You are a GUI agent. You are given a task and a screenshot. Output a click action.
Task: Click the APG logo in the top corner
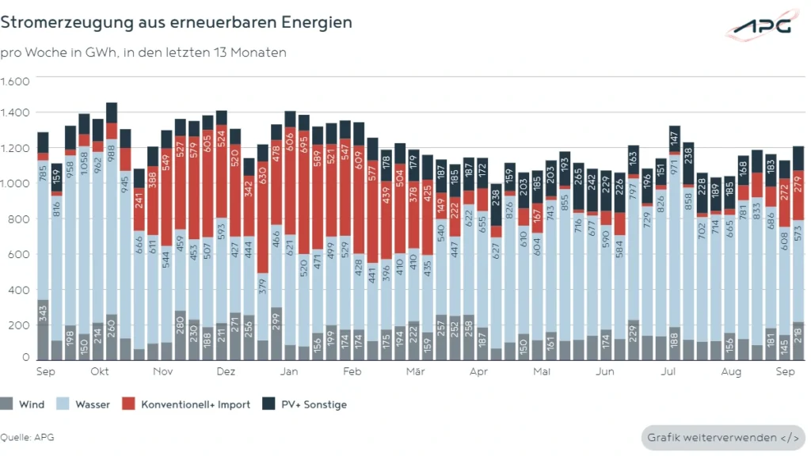tap(761, 26)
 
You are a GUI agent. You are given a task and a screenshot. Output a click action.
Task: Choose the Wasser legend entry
tap(86, 405)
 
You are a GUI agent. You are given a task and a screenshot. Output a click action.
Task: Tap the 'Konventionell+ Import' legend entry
tap(187, 405)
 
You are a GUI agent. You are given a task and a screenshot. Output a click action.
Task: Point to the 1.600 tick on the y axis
tap(15, 82)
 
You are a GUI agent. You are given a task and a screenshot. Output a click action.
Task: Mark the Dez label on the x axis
tap(226, 371)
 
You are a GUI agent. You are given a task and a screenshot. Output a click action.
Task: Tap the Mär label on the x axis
tap(415, 371)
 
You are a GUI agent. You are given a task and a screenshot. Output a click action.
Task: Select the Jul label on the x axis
tap(668, 371)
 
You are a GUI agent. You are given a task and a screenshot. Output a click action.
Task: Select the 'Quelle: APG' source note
tap(27, 437)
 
